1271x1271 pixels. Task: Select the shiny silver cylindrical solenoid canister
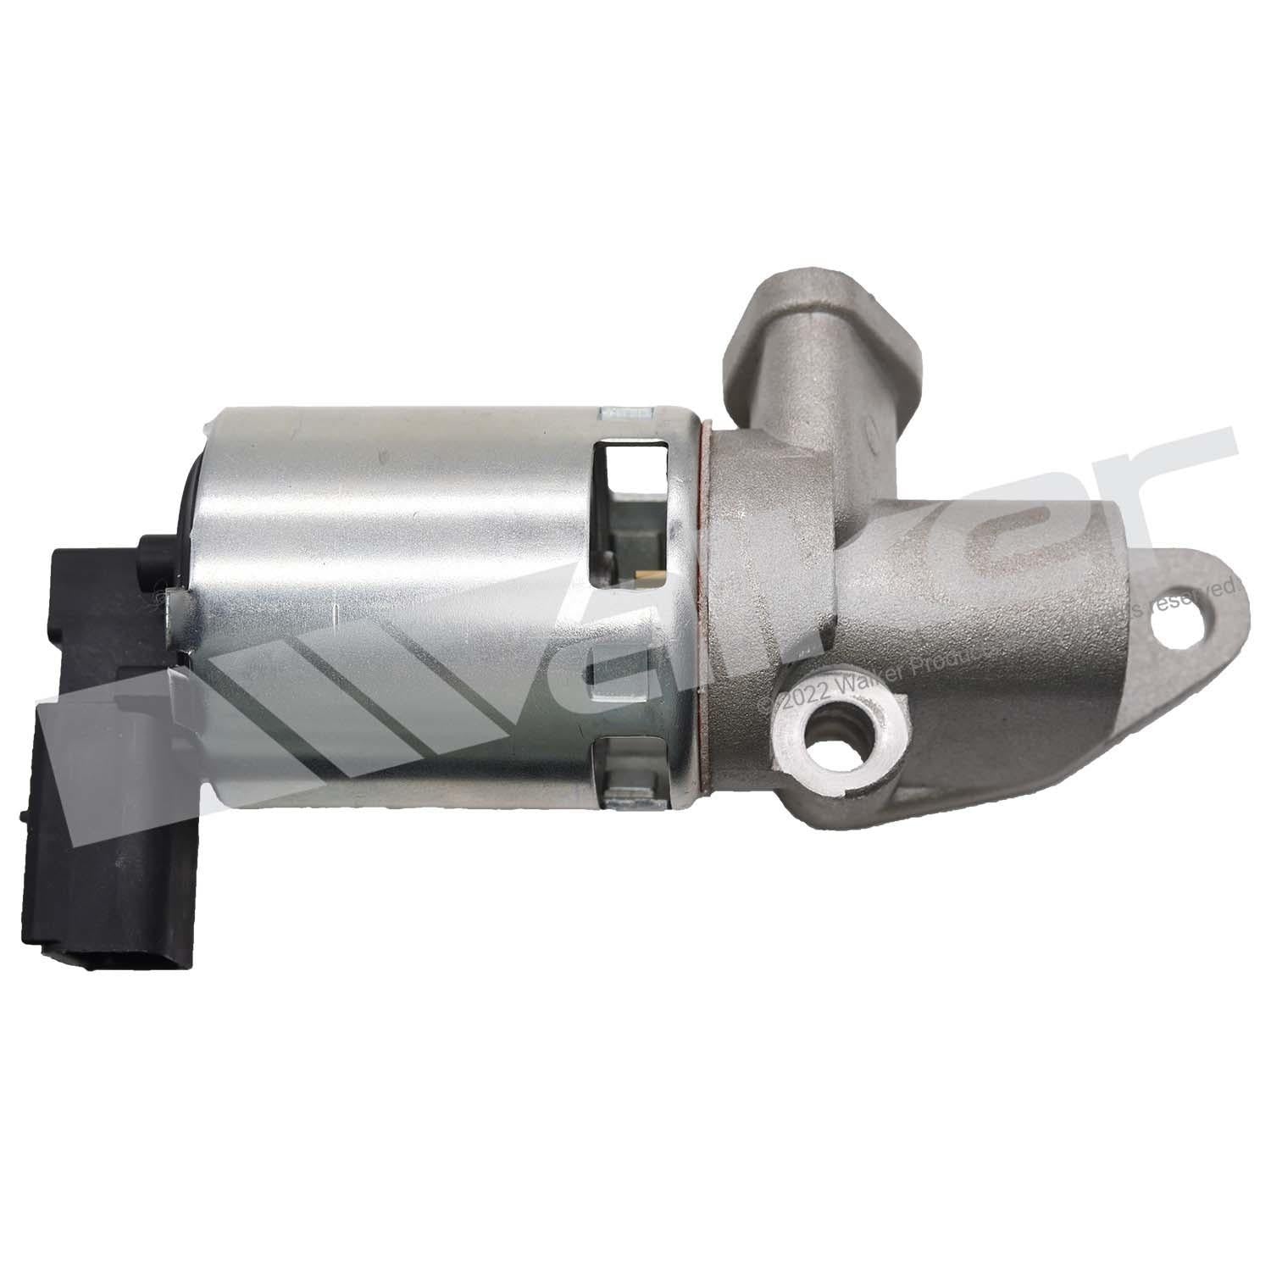pos(441,610)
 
